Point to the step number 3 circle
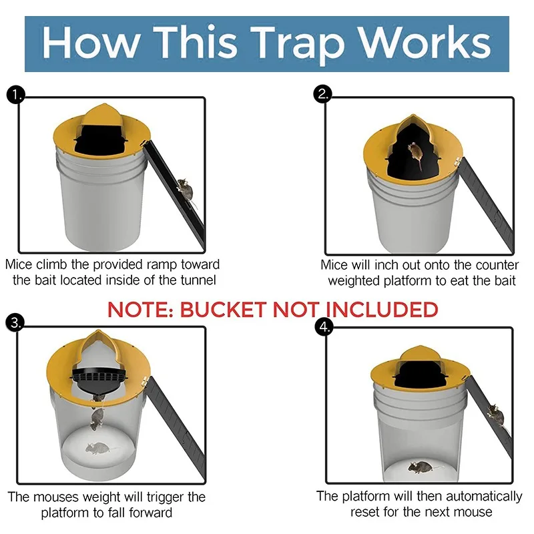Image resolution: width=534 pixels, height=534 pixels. [15, 323]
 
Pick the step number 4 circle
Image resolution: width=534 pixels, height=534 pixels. [323, 328]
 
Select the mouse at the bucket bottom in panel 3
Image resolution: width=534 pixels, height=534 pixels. [97, 449]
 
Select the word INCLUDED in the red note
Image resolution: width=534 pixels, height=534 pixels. [384, 310]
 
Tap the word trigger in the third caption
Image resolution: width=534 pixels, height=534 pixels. [164, 497]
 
